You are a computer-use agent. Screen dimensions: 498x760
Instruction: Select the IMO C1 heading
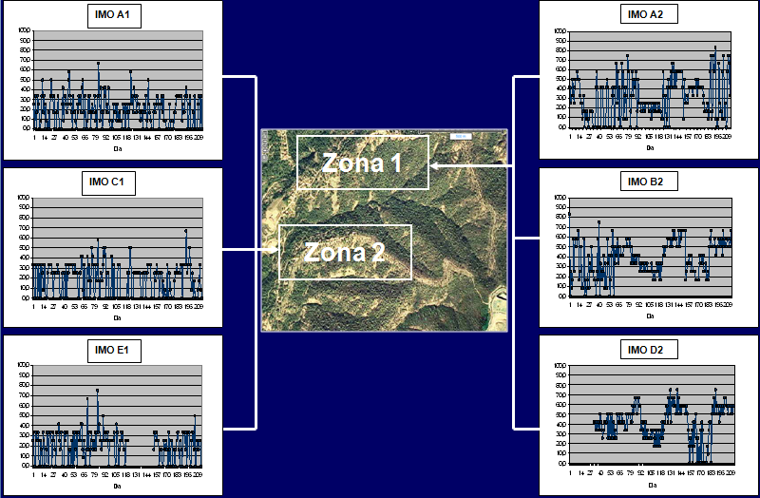pyautogui.click(x=113, y=182)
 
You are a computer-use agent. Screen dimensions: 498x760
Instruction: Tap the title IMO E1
pyautogui.click(x=113, y=349)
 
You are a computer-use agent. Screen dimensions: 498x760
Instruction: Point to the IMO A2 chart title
pyautogui.click(x=650, y=14)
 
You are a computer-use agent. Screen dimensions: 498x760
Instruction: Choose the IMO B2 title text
pyautogui.click(x=650, y=181)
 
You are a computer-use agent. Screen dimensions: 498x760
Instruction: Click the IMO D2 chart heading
pyautogui.click(x=650, y=350)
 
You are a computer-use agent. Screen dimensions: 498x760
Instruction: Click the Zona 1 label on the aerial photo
pyautogui.click(x=362, y=163)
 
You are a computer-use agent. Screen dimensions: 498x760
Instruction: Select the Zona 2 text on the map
pyautogui.click(x=344, y=252)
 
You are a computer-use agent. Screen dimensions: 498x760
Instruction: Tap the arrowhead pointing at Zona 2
pyautogui.click(x=275, y=251)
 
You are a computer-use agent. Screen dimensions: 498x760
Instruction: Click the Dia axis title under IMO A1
pyautogui.click(x=118, y=149)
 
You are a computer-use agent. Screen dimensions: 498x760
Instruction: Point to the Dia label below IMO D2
pyautogui.click(x=650, y=484)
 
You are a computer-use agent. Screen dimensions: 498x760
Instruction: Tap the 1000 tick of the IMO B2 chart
pyautogui.click(x=560, y=198)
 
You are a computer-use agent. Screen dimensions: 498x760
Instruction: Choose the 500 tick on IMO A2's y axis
pyautogui.click(x=560, y=78)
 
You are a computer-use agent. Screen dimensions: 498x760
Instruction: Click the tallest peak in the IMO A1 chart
pyautogui.click(x=98, y=64)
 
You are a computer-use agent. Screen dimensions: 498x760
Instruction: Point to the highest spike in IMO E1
pyautogui.click(x=97, y=390)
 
